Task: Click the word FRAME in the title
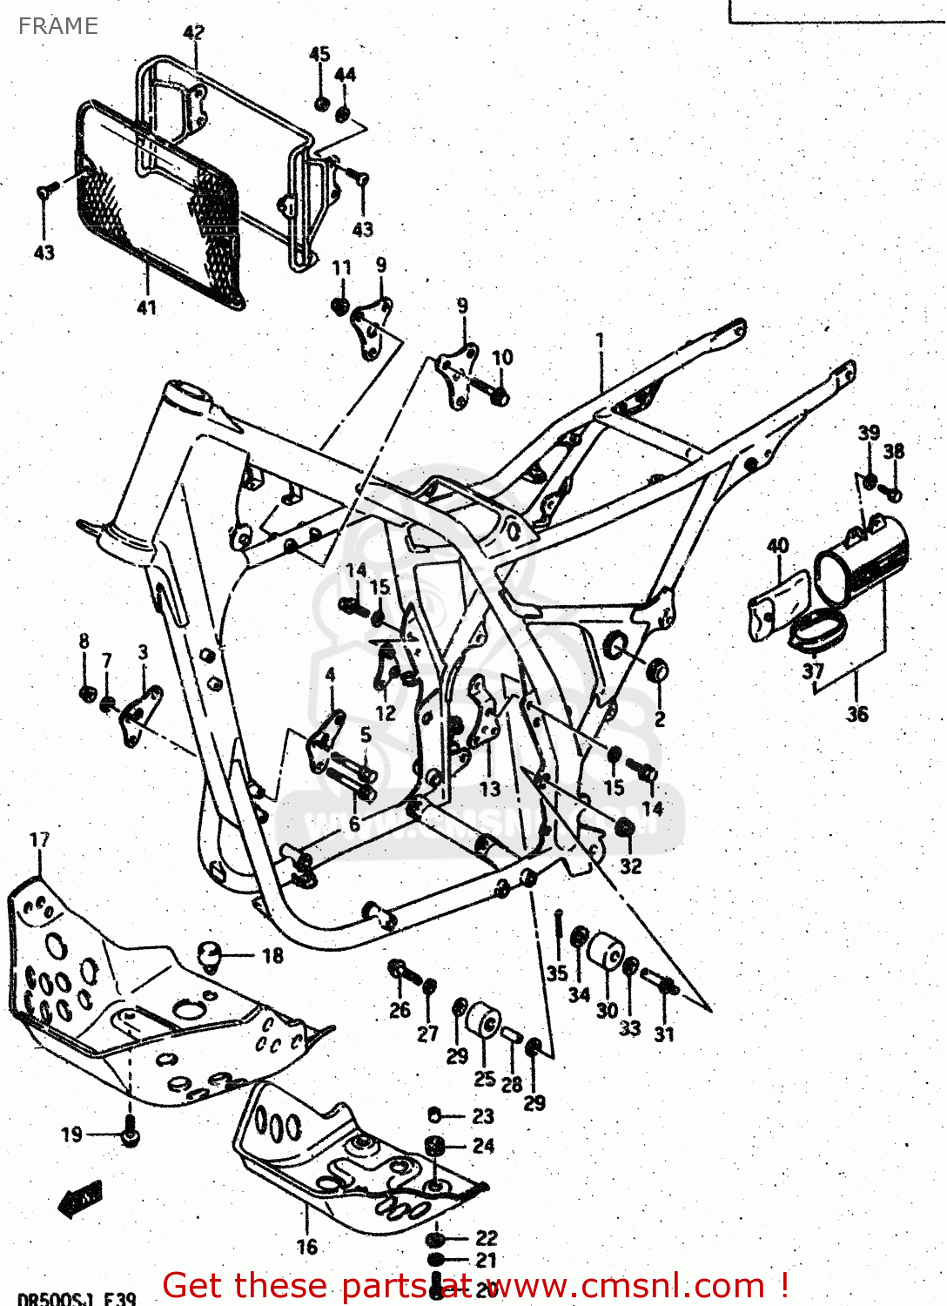click(58, 26)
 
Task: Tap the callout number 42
click(194, 32)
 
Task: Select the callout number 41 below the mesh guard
click(146, 307)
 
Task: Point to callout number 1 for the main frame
click(600, 340)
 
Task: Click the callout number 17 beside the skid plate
click(40, 839)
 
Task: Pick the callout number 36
click(857, 714)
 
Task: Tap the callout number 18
click(272, 955)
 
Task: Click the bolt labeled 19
click(130, 1136)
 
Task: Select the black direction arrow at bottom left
click(80, 1200)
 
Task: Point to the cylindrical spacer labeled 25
click(484, 1020)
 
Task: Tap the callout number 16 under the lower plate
click(306, 1247)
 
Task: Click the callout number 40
click(777, 546)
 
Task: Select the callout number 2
click(660, 719)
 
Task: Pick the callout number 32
click(631, 865)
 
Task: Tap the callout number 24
click(483, 1146)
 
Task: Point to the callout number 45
click(319, 54)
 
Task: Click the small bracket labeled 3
click(139, 714)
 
